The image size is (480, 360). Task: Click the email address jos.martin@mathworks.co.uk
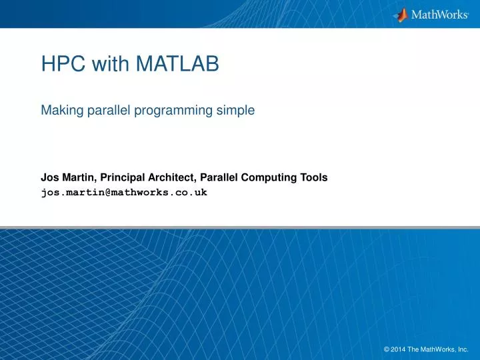tap(124, 192)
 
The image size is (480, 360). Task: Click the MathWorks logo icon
tap(401, 14)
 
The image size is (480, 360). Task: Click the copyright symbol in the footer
tap(387, 348)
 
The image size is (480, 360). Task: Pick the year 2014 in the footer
tap(399, 348)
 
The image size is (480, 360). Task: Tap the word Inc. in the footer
tap(463, 348)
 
